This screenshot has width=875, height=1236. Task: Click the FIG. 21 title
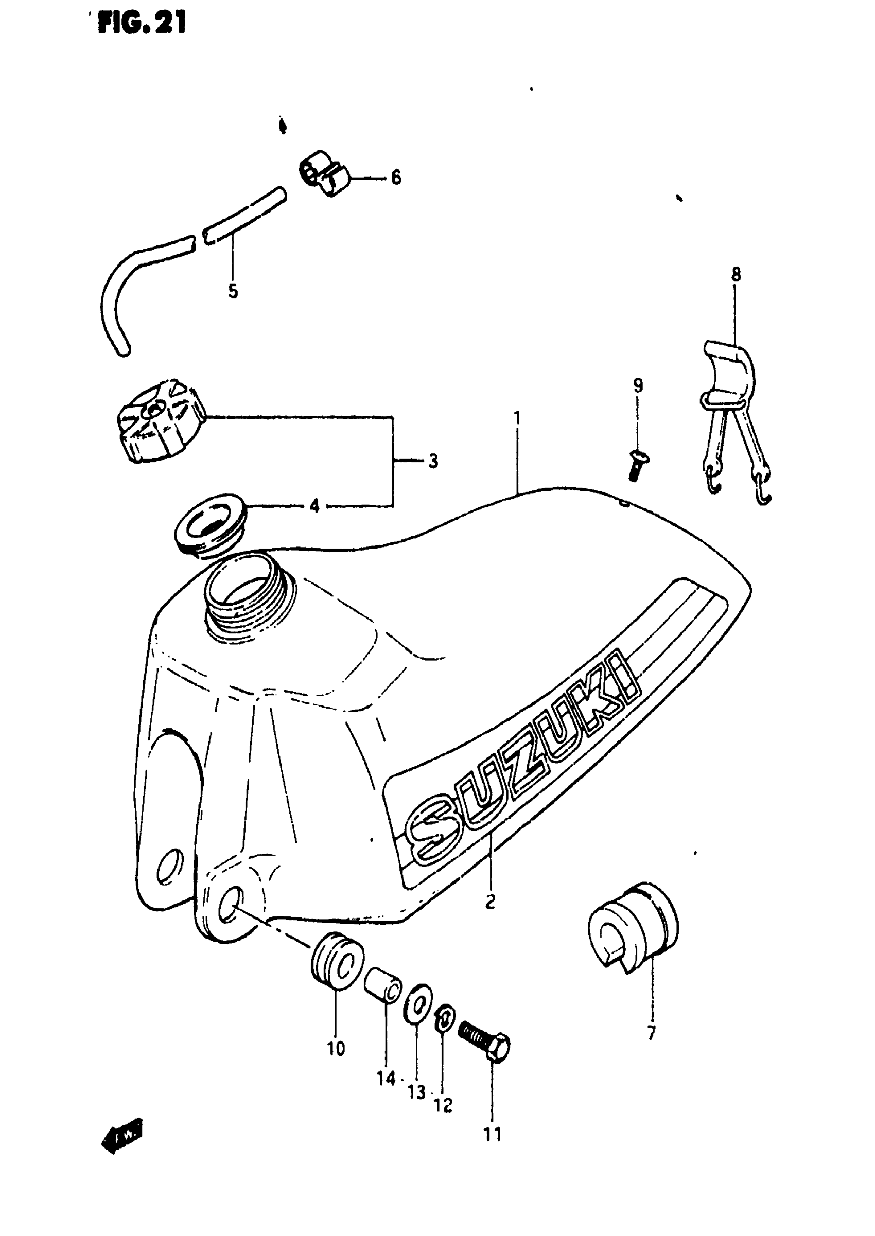click(x=142, y=24)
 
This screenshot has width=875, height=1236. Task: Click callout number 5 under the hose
click(x=233, y=291)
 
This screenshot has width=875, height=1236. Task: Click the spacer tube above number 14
click(x=382, y=984)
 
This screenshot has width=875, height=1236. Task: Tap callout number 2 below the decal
click(x=490, y=900)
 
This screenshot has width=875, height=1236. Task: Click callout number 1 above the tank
click(x=517, y=418)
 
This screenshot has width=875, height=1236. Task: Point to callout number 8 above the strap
click(x=736, y=275)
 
